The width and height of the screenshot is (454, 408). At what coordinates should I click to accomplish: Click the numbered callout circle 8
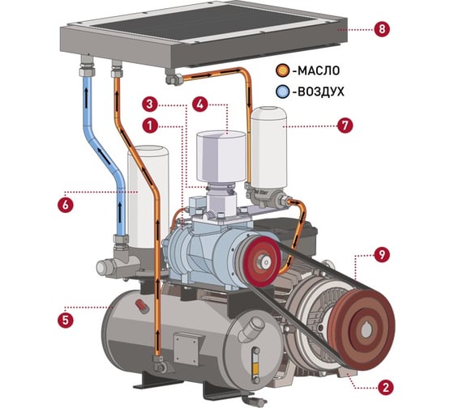pos(382,29)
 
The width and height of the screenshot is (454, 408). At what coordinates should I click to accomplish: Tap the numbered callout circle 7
pos(345,125)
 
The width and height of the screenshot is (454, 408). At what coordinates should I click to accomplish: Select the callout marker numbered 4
pos(200,104)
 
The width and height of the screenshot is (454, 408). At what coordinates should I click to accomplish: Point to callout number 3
pos(150,104)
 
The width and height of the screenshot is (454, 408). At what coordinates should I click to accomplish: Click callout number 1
pos(150,125)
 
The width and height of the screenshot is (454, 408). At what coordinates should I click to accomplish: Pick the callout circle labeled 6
pos(65,205)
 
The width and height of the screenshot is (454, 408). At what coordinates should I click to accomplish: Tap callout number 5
pos(65,320)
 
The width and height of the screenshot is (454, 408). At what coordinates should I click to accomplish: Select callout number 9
pos(382,254)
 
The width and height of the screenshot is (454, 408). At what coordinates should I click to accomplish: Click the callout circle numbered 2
pos(385,387)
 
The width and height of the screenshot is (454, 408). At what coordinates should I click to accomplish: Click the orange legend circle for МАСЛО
pos(282,70)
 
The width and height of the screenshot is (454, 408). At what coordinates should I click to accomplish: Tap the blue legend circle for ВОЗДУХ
pos(282,91)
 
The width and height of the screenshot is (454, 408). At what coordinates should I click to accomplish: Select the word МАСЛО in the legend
pos(319,70)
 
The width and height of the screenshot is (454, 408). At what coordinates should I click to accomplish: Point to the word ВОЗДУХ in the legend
pos(321,92)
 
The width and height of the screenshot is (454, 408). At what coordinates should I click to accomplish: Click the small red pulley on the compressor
pos(261,261)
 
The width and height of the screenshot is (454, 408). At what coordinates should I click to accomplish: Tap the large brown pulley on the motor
pos(364,329)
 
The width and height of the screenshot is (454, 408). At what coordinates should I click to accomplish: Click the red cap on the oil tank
pos(142,306)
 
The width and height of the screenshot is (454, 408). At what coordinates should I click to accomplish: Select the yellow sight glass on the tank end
pos(255,368)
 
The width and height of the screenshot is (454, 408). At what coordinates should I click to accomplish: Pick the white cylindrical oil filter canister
pos(269,148)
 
